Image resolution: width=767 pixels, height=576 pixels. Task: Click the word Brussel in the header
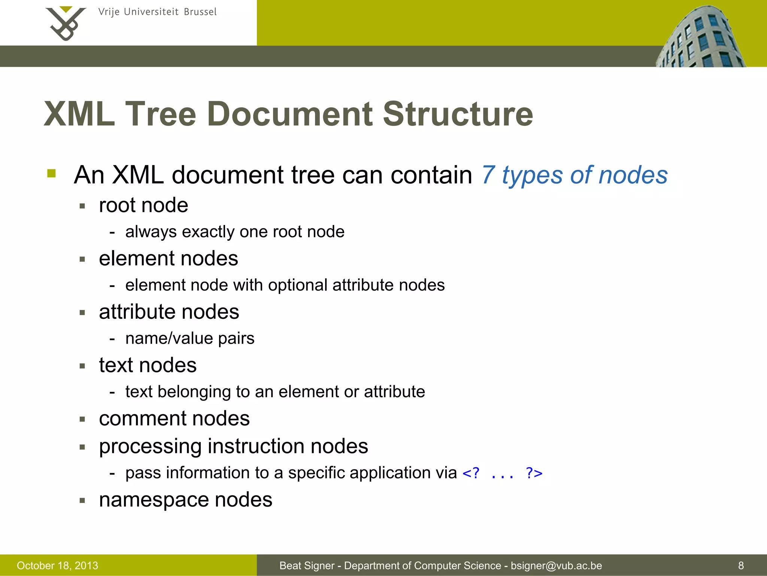[x=200, y=12]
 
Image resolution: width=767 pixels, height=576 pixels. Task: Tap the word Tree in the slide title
[x=160, y=114]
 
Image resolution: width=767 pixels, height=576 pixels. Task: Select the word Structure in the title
[x=458, y=114]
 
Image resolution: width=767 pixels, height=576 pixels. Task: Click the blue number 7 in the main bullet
[x=488, y=175]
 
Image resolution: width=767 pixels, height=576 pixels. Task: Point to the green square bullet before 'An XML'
[x=52, y=173]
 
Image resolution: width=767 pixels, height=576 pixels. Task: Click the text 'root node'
[x=143, y=205]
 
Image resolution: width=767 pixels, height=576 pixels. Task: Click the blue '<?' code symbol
[x=471, y=473]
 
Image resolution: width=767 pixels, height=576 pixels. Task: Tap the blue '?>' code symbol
[x=534, y=473]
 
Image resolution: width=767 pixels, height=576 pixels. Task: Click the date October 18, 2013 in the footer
[x=57, y=565]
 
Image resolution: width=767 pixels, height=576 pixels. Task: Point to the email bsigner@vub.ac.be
[x=556, y=565]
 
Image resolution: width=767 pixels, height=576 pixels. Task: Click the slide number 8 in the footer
[x=741, y=565]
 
